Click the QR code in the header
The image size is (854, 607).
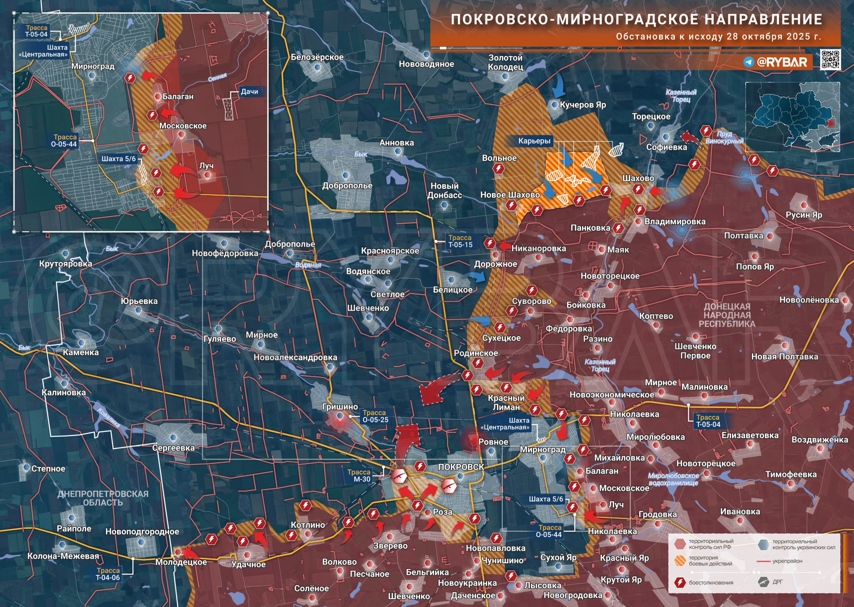[x=830, y=59]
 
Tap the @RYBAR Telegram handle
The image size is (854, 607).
[x=781, y=62]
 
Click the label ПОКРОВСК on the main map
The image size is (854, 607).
[x=461, y=467]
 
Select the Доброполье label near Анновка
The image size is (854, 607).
[x=347, y=186]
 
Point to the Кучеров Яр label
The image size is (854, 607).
[x=582, y=105]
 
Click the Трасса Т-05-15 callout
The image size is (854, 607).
[x=460, y=241]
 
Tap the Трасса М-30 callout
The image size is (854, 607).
[x=359, y=476]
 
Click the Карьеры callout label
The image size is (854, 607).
[x=534, y=141]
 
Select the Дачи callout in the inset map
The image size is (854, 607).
[x=249, y=91]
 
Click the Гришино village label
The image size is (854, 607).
[x=340, y=407]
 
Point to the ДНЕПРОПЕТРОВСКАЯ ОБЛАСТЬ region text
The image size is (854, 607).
[x=103, y=498]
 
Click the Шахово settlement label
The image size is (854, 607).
[x=638, y=178]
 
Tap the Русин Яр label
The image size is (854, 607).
[x=804, y=215]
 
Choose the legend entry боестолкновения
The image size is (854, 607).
[x=711, y=582]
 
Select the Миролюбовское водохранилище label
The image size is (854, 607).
[x=673, y=479]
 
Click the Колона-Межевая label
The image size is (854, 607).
[x=63, y=556]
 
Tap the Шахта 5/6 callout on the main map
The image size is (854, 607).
[x=546, y=499]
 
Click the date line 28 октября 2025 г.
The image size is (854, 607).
[x=718, y=37]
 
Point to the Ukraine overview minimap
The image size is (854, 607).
[x=792, y=116]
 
